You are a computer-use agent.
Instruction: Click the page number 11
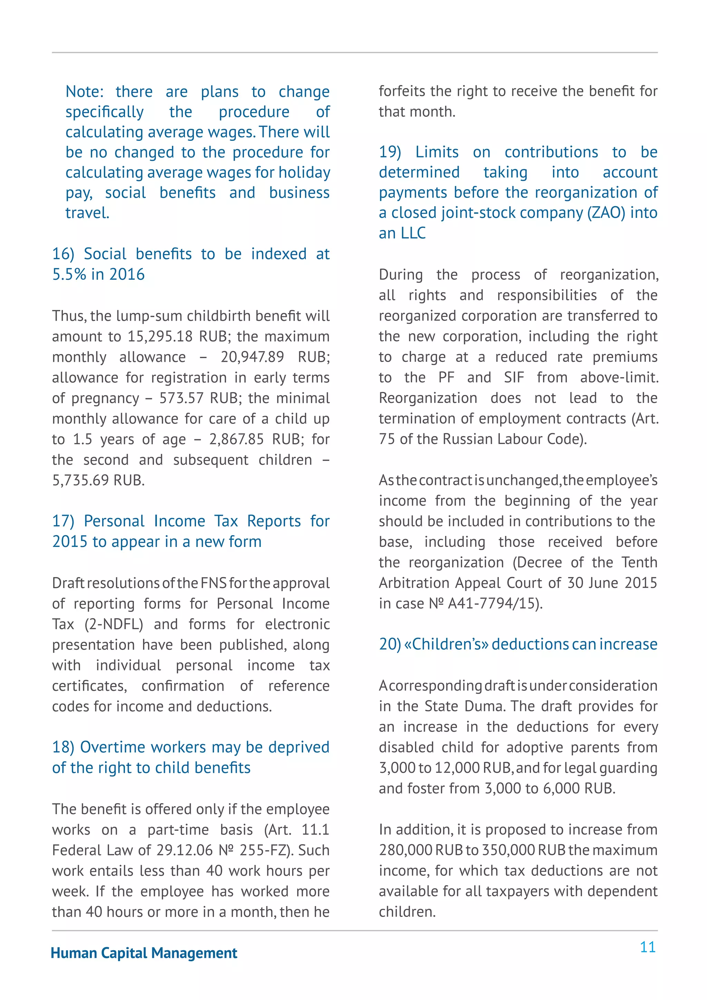coord(647,947)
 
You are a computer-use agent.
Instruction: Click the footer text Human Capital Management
coord(144,953)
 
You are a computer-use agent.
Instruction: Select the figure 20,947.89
coord(252,357)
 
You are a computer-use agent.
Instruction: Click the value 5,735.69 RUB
coord(98,480)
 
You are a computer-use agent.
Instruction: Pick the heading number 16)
coord(63,254)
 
